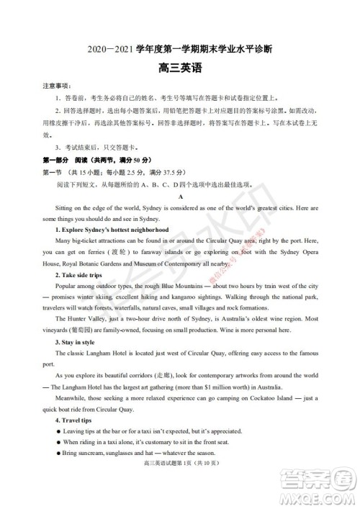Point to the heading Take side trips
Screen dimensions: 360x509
79,275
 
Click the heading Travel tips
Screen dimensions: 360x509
76,420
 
